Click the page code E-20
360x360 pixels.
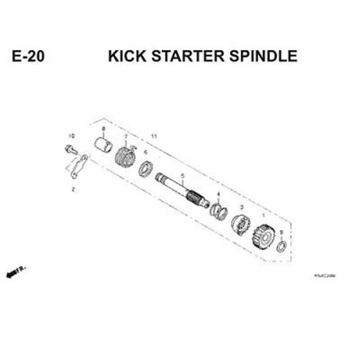click(29, 56)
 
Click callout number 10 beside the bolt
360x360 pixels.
click(72, 136)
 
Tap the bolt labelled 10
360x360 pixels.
click(70, 149)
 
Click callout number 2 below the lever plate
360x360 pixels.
click(73, 189)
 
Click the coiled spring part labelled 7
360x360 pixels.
click(124, 156)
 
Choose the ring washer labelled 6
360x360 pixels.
click(145, 169)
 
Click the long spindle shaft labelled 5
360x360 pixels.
click(182, 190)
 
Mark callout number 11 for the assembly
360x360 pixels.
click(154, 137)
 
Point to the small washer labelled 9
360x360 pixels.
click(282, 247)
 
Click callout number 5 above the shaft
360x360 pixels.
click(182, 176)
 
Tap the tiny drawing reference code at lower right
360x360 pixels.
click(324, 276)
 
